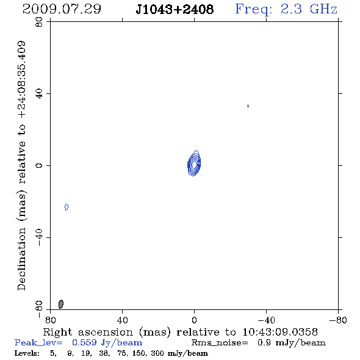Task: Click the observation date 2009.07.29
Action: click(62, 9)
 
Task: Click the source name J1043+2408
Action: click(175, 9)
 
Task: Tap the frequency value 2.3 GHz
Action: click(309, 9)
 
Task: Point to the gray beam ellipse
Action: click(61, 304)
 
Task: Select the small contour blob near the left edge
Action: click(67, 207)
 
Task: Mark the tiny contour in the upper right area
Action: click(248, 106)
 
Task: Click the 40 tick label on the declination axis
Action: click(39, 94)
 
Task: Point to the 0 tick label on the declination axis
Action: click(39, 165)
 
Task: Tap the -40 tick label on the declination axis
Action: click(39, 237)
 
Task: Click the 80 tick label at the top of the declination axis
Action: click(39, 22)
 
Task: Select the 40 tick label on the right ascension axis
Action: click(123, 320)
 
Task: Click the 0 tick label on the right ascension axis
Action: click(194, 320)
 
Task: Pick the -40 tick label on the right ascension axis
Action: click(266, 320)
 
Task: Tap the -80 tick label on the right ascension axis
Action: click(338, 320)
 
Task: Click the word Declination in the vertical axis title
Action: click(21, 259)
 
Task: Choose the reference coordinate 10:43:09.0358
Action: click(280, 332)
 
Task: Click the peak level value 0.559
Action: click(84, 342)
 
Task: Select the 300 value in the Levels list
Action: click(157, 353)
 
